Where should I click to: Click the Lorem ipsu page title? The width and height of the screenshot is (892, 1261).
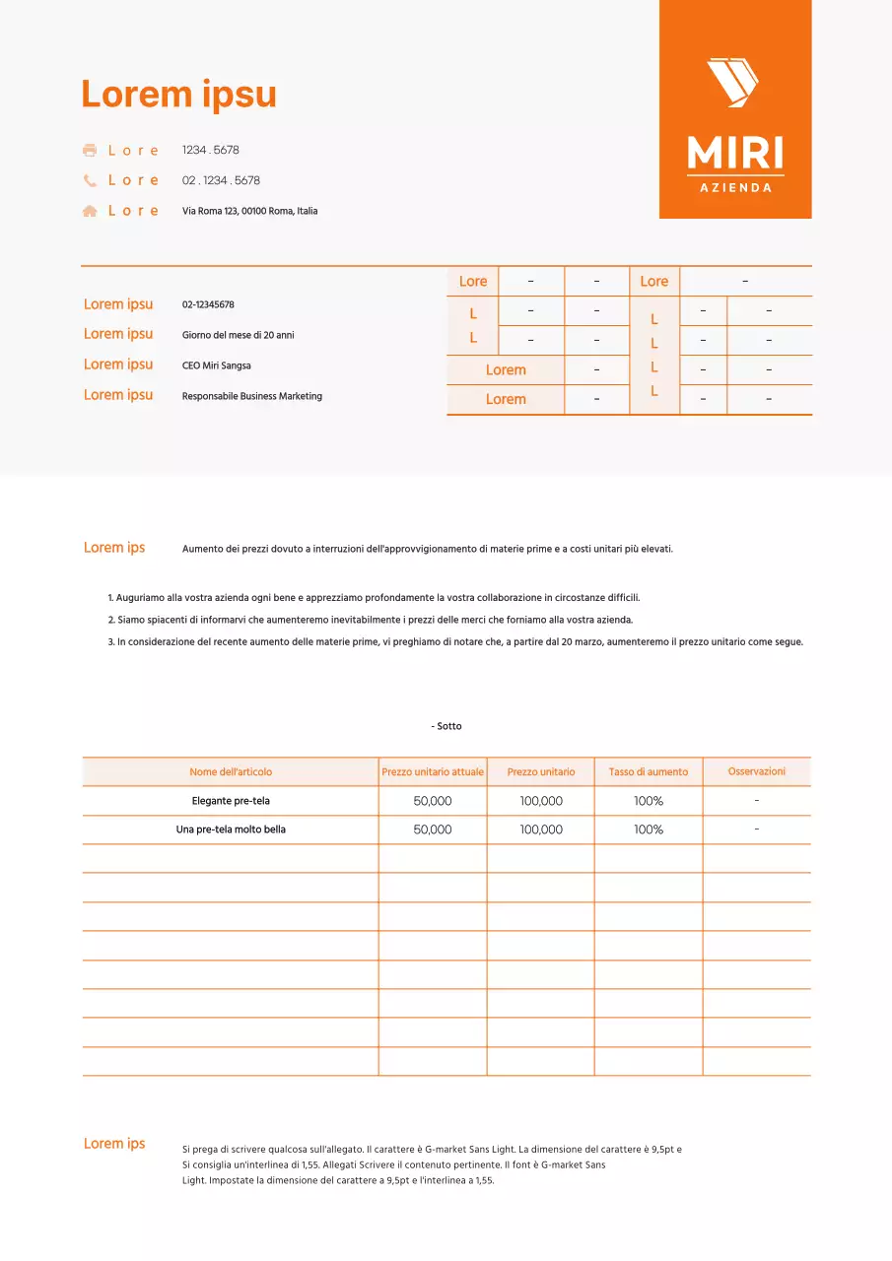coord(178,95)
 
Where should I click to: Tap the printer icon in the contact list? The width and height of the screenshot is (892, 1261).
coord(90,151)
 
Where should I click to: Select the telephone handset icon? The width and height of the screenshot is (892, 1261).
coord(90,180)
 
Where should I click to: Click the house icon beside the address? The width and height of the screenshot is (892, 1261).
coord(90,211)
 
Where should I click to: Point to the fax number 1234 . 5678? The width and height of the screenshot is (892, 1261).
coord(211,151)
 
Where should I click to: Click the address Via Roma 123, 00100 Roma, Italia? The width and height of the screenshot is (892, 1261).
coord(249,211)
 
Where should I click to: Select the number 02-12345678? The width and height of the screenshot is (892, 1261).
coord(208,305)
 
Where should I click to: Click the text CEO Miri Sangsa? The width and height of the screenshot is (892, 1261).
coord(216,365)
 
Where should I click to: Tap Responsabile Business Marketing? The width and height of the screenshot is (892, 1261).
coord(251,396)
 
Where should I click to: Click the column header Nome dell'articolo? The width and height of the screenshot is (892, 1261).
coord(231,772)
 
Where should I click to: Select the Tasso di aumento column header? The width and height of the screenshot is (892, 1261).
coord(649,772)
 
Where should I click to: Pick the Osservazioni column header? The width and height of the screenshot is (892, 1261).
coord(757,771)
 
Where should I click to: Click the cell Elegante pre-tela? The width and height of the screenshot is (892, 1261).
coord(231,801)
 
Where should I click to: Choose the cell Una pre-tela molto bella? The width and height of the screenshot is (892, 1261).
coord(231,830)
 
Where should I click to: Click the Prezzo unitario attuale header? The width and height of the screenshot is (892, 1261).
coord(433,772)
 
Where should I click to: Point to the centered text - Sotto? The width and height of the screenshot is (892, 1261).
coord(446,726)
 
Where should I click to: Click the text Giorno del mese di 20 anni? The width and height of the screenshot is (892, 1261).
coord(238,335)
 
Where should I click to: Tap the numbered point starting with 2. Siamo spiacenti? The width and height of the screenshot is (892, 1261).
coord(370,621)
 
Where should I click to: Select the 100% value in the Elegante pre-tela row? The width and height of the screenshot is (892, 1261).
coord(649,801)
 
